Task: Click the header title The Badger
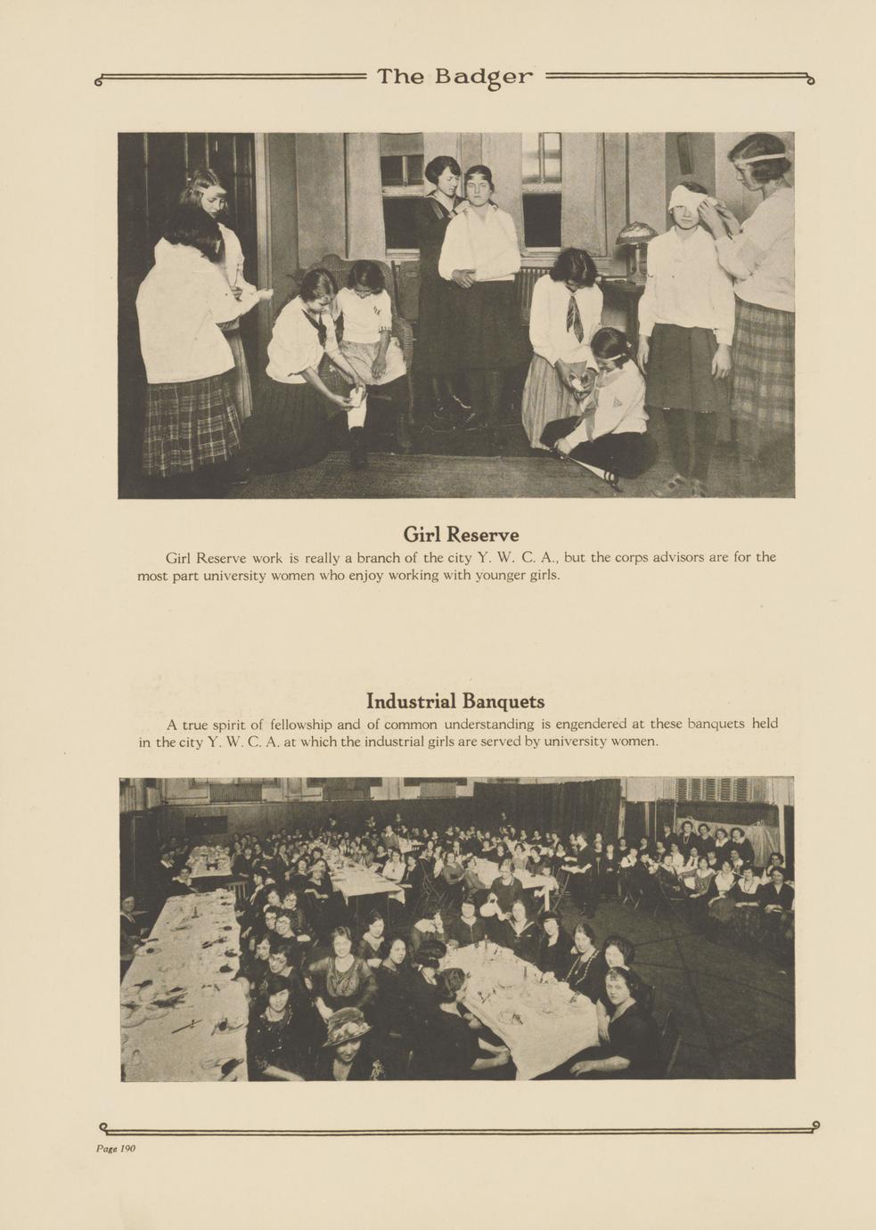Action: click(454, 78)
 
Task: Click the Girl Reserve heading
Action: click(461, 535)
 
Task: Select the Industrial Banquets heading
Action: click(455, 701)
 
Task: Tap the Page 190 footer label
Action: click(116, 1148)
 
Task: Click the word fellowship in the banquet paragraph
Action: click(300, 724)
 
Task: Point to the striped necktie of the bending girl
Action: click(575, 316)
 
